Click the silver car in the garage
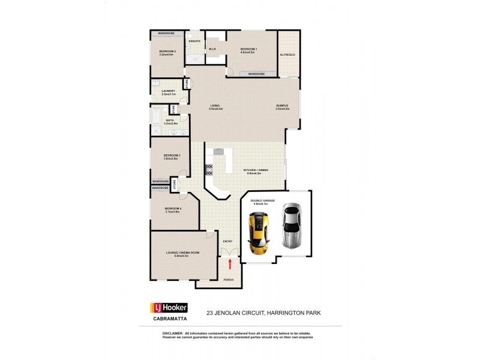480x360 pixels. (290, 227)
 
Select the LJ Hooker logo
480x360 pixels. (169, 308)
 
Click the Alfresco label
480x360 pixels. (287, 55)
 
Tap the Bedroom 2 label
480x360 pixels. (167, 52)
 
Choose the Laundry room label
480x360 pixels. (168, 91)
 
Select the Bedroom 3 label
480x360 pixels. (172, 156)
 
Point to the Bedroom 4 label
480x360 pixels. (173, 209)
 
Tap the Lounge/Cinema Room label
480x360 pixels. (182, 253)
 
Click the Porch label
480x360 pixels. (228, 280)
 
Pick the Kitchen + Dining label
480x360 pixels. (256, 170)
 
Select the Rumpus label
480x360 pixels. (282, 106)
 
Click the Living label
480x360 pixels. (216, 106)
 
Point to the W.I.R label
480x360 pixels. (212, 49)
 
